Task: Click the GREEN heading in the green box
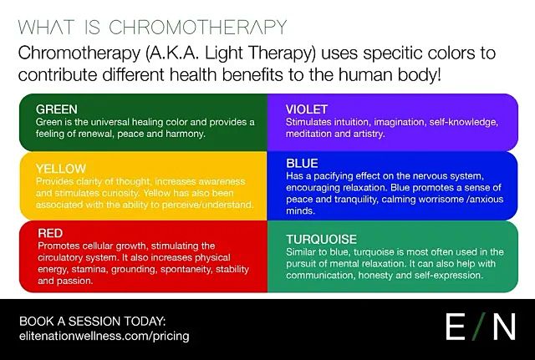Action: (56, 109)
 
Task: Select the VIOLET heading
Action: (306, 109)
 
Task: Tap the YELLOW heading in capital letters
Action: (61, 169)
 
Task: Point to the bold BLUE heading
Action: (302, 165)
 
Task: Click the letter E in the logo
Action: (455, 328)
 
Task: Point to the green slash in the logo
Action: (478, 328)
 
